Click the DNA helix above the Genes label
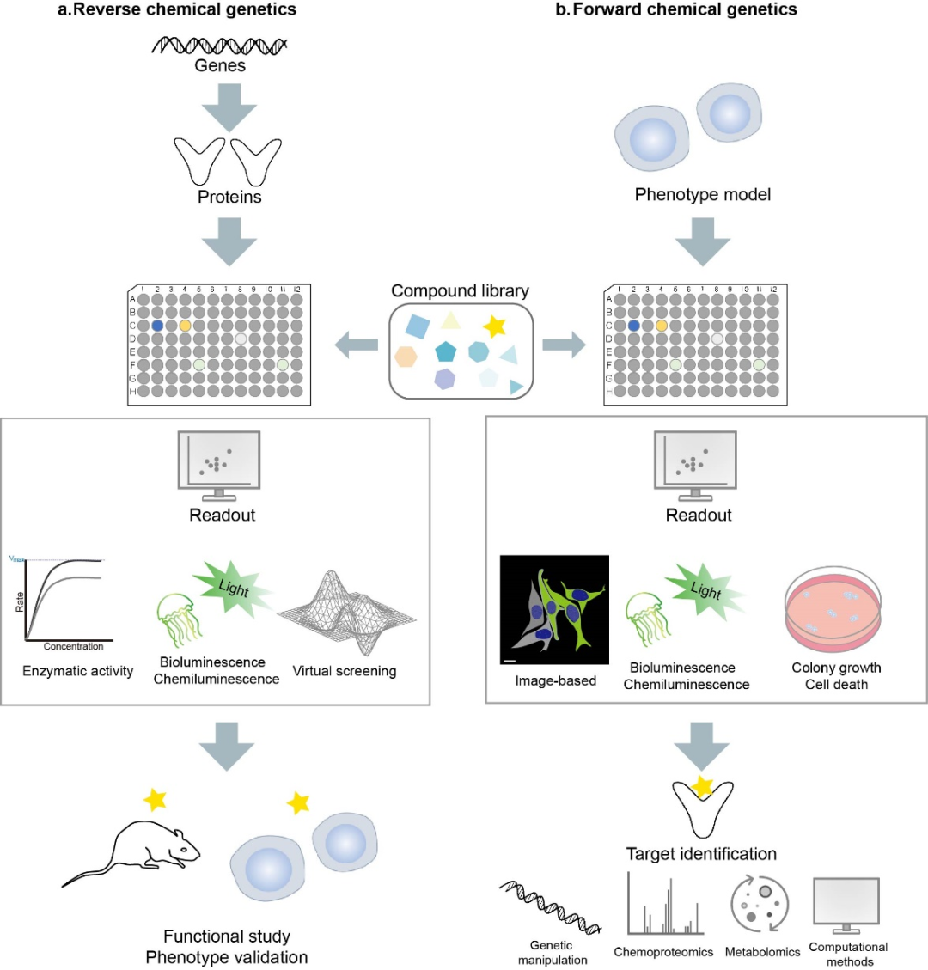tap(220, 45)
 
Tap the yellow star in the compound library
tap(494, 326)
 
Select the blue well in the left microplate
tap(157, 326)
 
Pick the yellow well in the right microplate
tap(661, 326)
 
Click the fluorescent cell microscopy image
tap(554, 610)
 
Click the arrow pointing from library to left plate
tap(356, 346)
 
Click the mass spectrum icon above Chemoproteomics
tap(664, 906)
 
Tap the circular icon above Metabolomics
tap(760, 905)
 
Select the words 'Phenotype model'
tap(703, 195)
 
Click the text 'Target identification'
tap(701, 854)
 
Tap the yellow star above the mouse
tap(156, 800)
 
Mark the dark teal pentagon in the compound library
tap(445, 351)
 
